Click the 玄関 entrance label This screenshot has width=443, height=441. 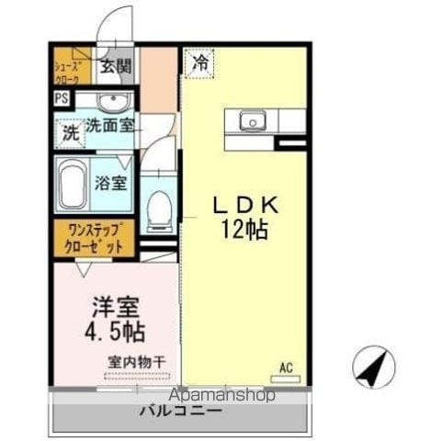coord(117,66)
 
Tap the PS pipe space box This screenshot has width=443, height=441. coord(62,98)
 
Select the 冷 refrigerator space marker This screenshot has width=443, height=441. coord(199,64)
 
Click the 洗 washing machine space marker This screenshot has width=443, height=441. coord(71,133)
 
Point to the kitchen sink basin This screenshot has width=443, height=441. coord(253,120)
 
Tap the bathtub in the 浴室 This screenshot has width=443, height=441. coord(73,183)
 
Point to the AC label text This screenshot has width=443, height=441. coord(286,367)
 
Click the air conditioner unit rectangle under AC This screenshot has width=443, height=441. coord(286,379)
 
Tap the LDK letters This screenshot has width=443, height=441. coord(246,205)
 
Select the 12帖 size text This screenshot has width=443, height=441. coord(244,230)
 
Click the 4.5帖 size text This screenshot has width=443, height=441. coord(115,332)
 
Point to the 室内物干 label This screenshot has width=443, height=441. coord(137,362)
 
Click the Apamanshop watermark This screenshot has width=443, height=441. coord(221,394)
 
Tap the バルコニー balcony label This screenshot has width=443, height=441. coord(180,411)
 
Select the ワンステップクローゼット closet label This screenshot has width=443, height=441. coord(95,238)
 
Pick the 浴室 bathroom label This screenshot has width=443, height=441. coord(110,183)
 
